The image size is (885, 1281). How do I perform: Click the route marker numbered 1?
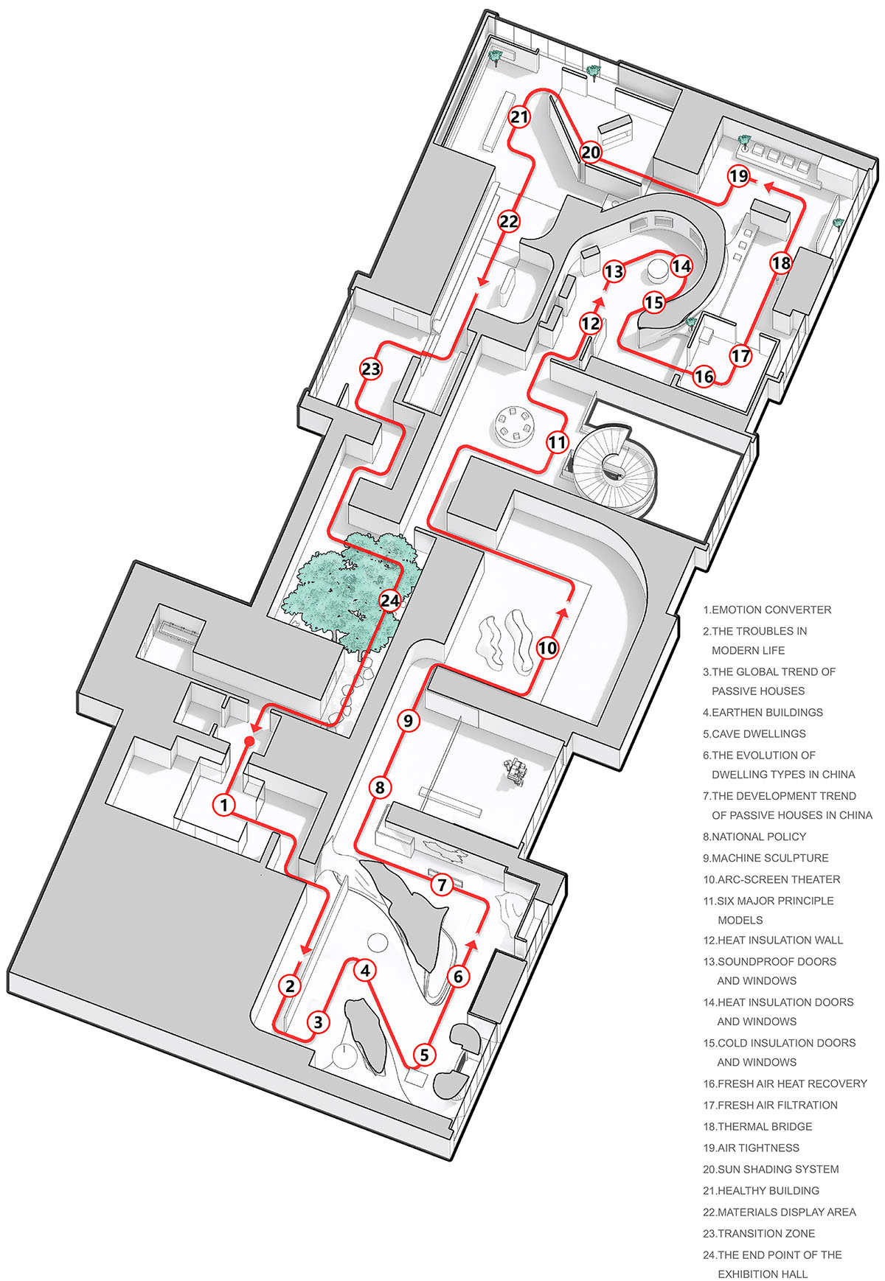(224, 805)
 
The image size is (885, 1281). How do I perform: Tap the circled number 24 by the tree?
(390, 601)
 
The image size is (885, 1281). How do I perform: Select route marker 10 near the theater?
(547, 648)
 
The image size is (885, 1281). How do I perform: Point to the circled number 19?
(738, 176)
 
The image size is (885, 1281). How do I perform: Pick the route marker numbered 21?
(520, 116)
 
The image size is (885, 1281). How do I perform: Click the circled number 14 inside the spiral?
(681, 266)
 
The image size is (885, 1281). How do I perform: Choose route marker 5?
(424, 1055)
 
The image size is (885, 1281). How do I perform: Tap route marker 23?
(371, 369)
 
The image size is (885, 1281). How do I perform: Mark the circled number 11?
(558, 442)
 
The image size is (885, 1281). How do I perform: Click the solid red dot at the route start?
(249, 741)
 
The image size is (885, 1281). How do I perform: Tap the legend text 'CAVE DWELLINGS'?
(754, 734)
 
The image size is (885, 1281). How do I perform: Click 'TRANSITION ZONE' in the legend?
(759, 1233)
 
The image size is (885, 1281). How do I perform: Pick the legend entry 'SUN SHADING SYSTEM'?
(771, 1169)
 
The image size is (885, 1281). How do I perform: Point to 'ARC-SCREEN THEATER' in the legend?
(771, 879)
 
